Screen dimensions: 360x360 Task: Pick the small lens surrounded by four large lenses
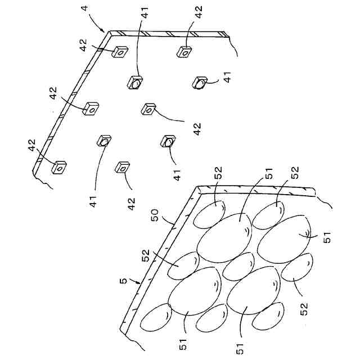point(239,266)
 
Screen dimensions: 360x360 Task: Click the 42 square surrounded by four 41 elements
point(148,109)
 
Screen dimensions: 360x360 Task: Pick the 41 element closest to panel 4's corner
point(135,83)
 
